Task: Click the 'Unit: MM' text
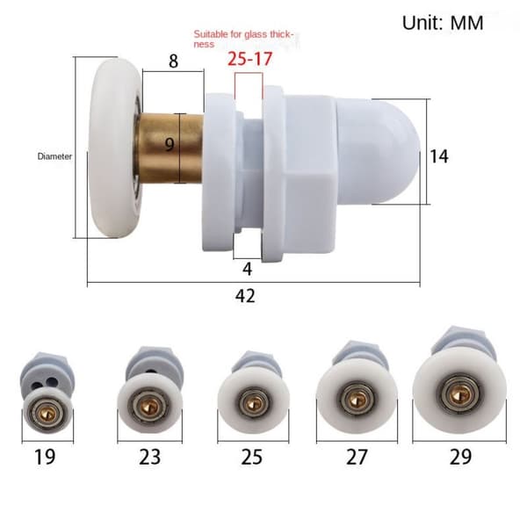[x=443, y=23]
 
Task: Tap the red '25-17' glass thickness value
[x=249, y=59]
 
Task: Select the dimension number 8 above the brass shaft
[x=173, y=61]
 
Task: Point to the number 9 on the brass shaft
[x=170, y=145]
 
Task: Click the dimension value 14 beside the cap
[x=439, y=156]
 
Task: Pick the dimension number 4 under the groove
[x=247, y=269]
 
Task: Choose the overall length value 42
[x=245, y=296]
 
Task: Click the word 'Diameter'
[x=54, y=156]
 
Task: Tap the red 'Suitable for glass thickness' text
[x=243, y=39]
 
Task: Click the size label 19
[x=45, y=457]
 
